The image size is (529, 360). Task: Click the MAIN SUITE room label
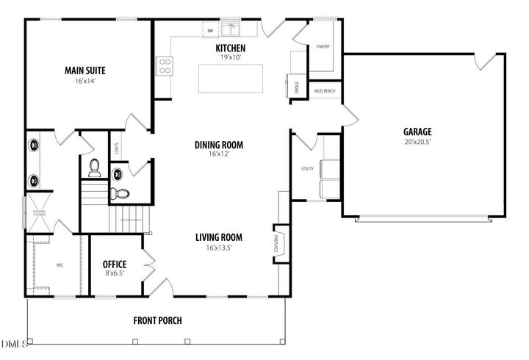(x=85, y=71)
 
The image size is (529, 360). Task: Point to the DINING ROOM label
(x=218, y=145)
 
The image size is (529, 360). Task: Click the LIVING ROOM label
(x=218, y=237)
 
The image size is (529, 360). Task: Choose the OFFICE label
(x=115, y=264)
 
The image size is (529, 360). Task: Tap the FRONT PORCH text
(x=157, y=320)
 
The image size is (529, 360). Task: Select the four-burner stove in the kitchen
(x=165, y=66)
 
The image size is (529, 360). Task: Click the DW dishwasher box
(x=210, y=31)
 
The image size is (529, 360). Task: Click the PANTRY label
(x=323, y=46)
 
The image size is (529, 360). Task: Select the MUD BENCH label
(x=325, y=90)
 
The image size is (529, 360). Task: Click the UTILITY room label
(x=307, y=169)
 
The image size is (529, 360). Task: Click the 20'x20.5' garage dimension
(x=416, y=142)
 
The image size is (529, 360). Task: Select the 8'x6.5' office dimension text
(x=115, y=274)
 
